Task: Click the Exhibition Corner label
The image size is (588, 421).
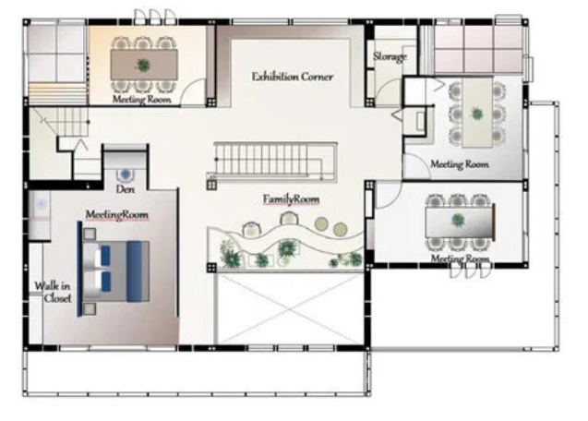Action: (x=292, y=77)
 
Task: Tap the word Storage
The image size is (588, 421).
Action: (x=390, y=56)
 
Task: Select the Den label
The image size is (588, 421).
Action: (x=126, y=188)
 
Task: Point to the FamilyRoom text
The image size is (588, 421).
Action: (x=291, y=199)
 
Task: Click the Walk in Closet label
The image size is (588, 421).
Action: (x=53, y=292)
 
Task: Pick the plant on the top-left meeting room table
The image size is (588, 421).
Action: (x=143, y=66)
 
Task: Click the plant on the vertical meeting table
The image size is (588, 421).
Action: (x=477, y=114)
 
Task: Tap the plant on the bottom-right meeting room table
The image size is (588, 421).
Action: (x=458, y=221)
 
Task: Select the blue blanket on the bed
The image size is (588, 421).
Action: (x=134, y=271)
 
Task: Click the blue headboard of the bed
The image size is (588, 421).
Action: (x=79, y=269)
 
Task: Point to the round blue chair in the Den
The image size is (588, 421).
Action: (x=126, y=174)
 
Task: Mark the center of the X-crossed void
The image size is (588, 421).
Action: (x=290, y=308)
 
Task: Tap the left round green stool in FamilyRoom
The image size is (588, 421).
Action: (x=321, y=224)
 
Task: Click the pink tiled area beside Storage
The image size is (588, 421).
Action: (x=478, y=49)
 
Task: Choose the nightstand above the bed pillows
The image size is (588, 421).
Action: (x=90, y=234)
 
